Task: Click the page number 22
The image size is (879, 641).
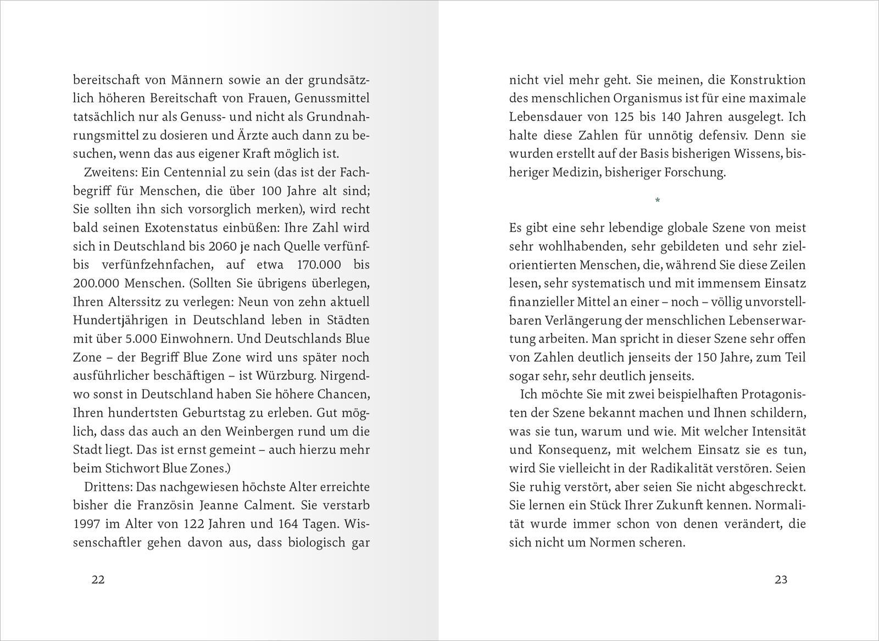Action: click(x=98, y=579)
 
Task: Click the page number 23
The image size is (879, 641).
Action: click(x=781, y=579)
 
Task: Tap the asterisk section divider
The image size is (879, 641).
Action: click(x=658, y=201)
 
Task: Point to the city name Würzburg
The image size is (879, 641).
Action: click(x=285, y=376)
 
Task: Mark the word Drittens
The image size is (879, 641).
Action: click(x=108, y=487)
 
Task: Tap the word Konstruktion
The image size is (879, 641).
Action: click(x=767, y=80)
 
